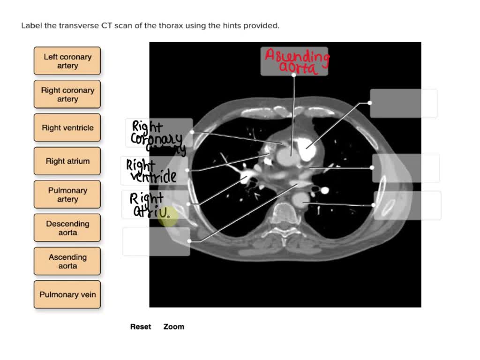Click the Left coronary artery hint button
pos(67,61)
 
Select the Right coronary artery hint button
pos(67,94)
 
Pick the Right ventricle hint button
pos(67,127)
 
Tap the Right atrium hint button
pos(67,161)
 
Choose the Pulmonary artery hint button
pos(67,195)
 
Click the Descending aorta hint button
pos(67,228)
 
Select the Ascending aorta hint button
pos(67,261)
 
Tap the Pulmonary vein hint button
pos(67,294)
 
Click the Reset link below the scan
pos(141,327)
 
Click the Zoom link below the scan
pos(173,327)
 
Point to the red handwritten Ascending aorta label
pos(296,61)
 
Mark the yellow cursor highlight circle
pos(167,217)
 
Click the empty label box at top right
pos(404,104)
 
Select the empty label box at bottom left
pos(156,241)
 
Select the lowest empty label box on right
pos(407,205)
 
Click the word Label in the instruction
pos(32,26)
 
